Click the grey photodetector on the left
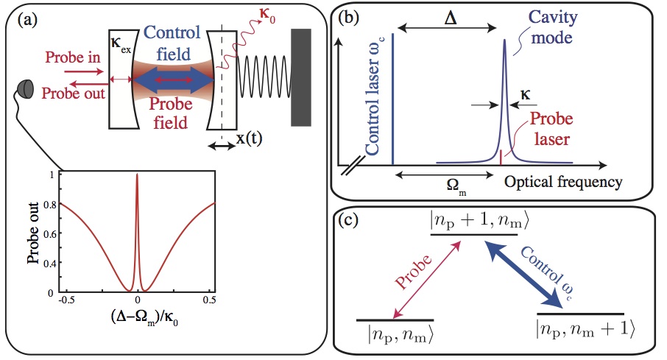tap(26, 88)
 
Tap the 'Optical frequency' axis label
tap(563, 180)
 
